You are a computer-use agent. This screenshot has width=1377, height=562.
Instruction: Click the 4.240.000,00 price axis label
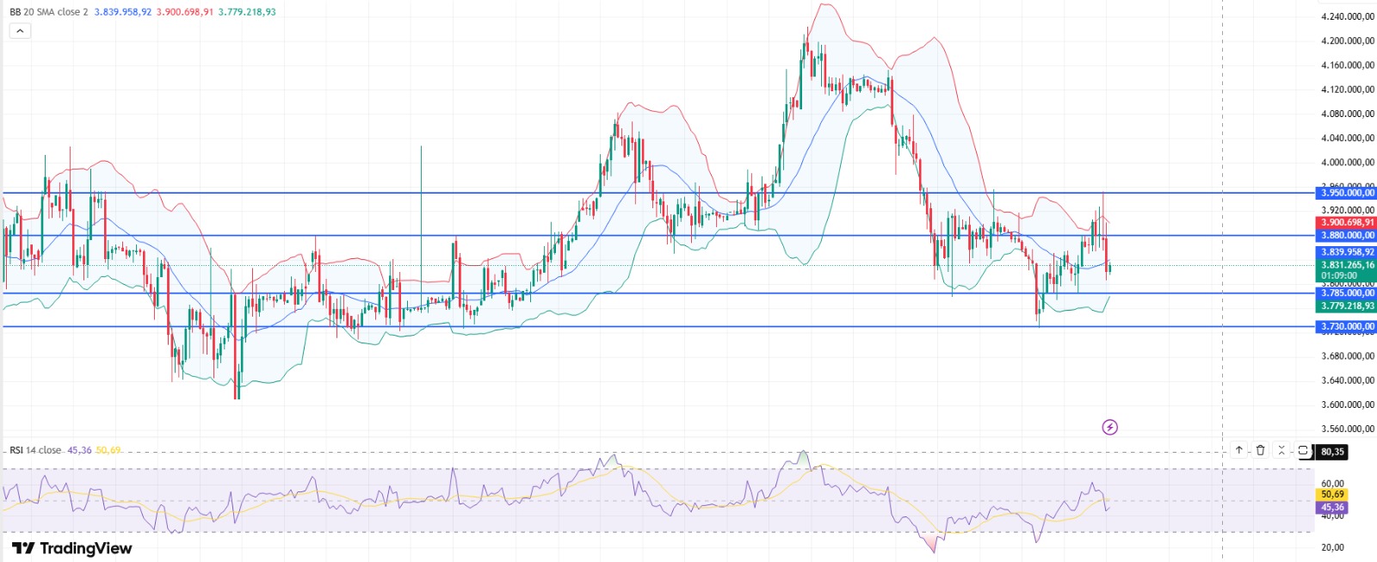(x=1347, y=16)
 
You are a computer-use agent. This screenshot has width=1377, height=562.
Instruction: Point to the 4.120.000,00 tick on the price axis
(x=1347, y=90)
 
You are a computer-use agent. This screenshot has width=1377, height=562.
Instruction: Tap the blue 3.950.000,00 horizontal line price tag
(x=1347, y=194)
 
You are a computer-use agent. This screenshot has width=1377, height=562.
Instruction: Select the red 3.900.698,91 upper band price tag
(x=1347, y=223)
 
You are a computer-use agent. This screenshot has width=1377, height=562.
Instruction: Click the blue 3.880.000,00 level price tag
(x=1347, y=235)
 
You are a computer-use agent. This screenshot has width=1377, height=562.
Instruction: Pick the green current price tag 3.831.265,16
(x=1347, y=266)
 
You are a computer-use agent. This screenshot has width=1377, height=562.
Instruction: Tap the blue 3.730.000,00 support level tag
(x=1347, y=327)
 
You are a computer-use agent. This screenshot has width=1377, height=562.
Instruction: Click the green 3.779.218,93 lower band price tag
(x=1347, y=306)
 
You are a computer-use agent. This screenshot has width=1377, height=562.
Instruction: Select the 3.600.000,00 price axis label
(x=1347, y=405)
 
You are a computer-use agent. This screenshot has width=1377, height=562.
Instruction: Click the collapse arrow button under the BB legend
(x=20, y=31)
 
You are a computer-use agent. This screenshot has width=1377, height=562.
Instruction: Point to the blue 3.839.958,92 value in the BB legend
(x=123, y=12)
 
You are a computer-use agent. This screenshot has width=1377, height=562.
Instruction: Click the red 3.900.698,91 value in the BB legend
(x=185, y=12)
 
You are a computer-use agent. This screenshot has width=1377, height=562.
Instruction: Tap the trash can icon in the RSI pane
(x=1261, y=450)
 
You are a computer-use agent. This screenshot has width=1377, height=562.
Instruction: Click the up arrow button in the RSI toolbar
(x=1239, y=450)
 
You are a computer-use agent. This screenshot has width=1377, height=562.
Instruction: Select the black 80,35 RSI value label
(x=1332, y=452)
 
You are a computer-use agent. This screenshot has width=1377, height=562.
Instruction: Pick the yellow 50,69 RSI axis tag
(x=1332, y=495)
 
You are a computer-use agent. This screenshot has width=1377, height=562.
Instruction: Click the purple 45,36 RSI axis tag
(x=1332, y=508)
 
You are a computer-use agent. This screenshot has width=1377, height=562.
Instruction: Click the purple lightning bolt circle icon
(x=1110, y=427)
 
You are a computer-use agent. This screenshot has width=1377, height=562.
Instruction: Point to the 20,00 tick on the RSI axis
(x=1332, y=547)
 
